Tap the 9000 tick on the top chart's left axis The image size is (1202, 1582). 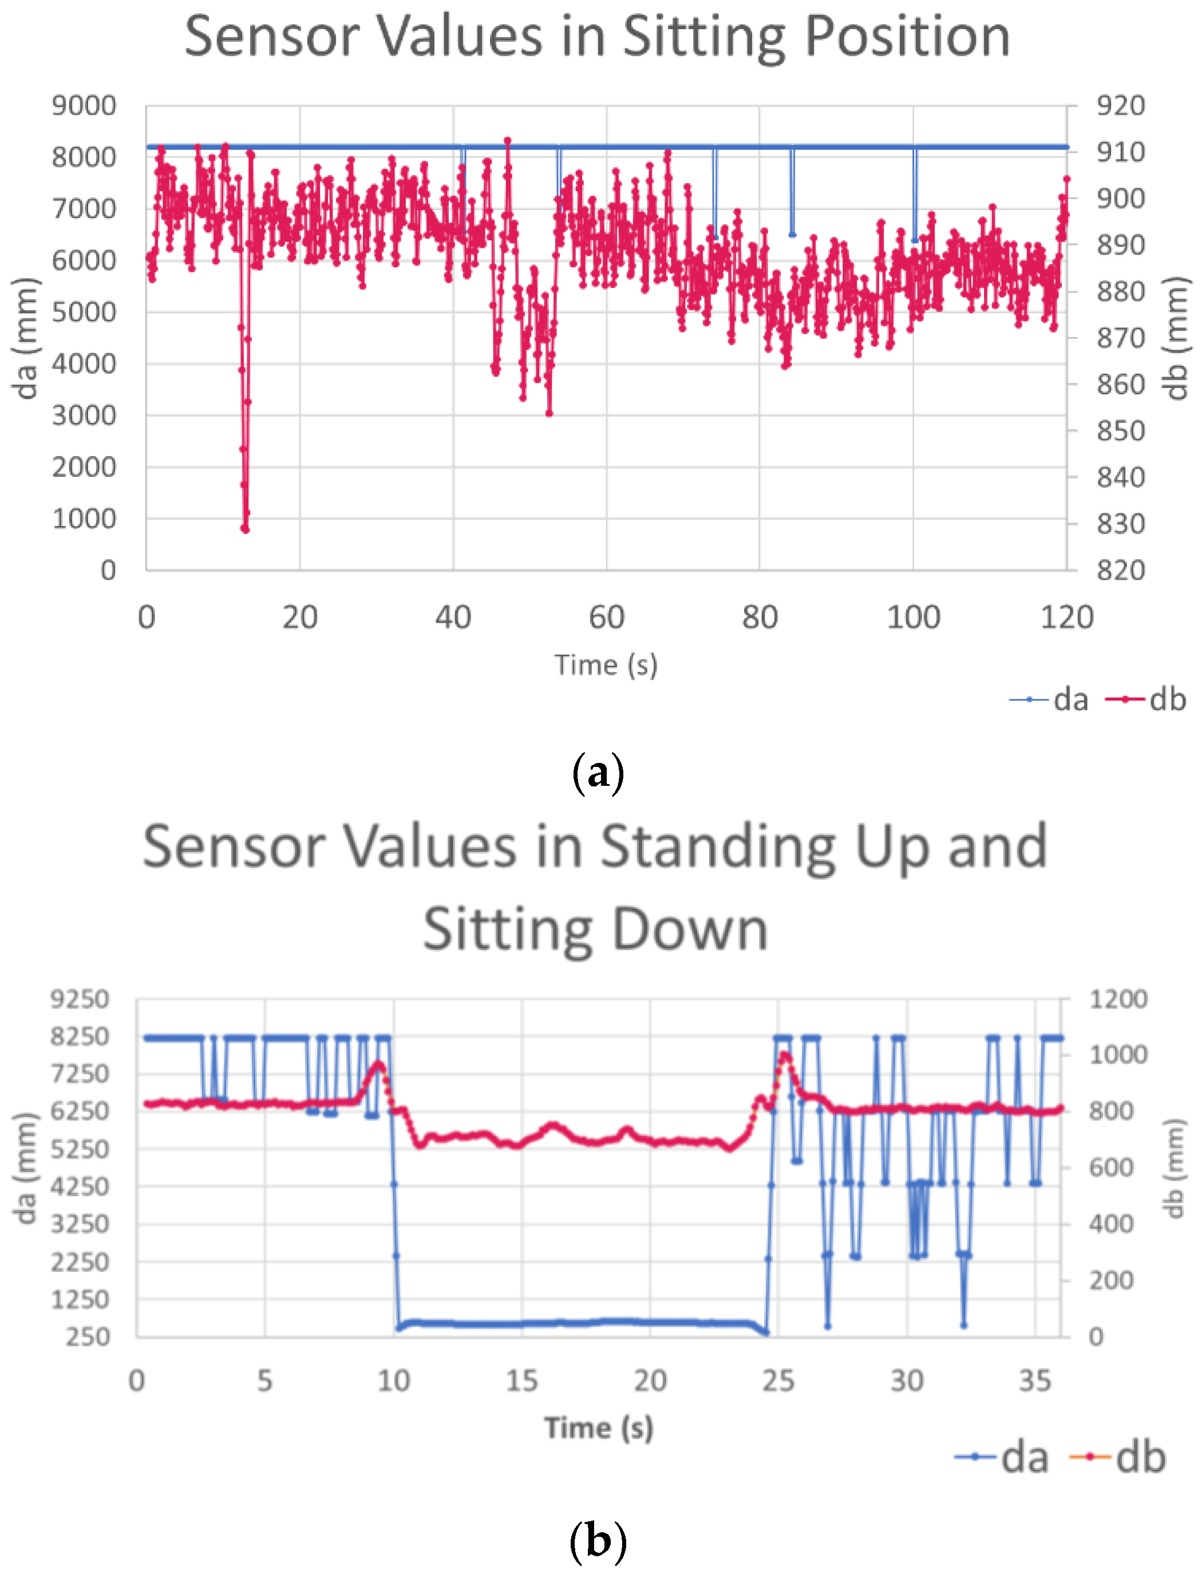coord(84,106)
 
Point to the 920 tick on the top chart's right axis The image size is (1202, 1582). coord(1121,106)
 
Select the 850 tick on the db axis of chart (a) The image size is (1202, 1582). coord(1121,431)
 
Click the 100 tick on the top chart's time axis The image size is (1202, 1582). coord(913,617)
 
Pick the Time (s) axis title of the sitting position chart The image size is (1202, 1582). coord(606,665)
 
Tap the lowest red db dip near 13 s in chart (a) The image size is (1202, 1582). coord(246,529)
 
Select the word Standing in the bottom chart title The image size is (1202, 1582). coord(718,847)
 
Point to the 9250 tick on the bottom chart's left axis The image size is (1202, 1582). coord(80,999)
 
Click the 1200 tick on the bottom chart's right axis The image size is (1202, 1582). coord(1117,999)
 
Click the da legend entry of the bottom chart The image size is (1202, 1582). coord(1002,1457)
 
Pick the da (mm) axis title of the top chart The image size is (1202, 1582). coord(26,338)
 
